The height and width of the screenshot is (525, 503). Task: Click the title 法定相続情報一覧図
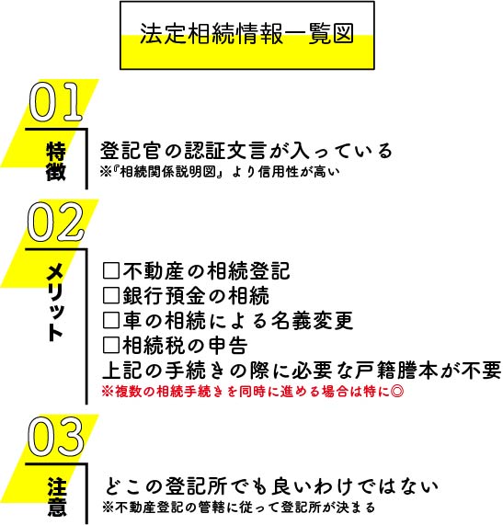(246, 33)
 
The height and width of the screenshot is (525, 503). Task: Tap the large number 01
(55, 102)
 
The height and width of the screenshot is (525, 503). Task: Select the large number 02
(55, 222)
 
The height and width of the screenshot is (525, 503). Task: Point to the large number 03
(55, 437)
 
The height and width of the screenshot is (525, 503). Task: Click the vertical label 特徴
(56, 162)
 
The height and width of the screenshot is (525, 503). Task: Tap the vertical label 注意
(57, 496)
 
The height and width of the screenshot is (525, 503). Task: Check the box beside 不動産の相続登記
(111, 271)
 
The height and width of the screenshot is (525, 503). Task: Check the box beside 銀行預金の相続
(111, 296)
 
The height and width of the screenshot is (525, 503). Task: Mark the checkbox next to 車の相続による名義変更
(111, 320)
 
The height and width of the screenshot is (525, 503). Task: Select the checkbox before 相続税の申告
(111, 345)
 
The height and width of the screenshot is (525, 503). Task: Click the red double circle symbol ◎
(397, 392)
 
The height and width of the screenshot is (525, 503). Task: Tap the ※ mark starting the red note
(108, 392)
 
